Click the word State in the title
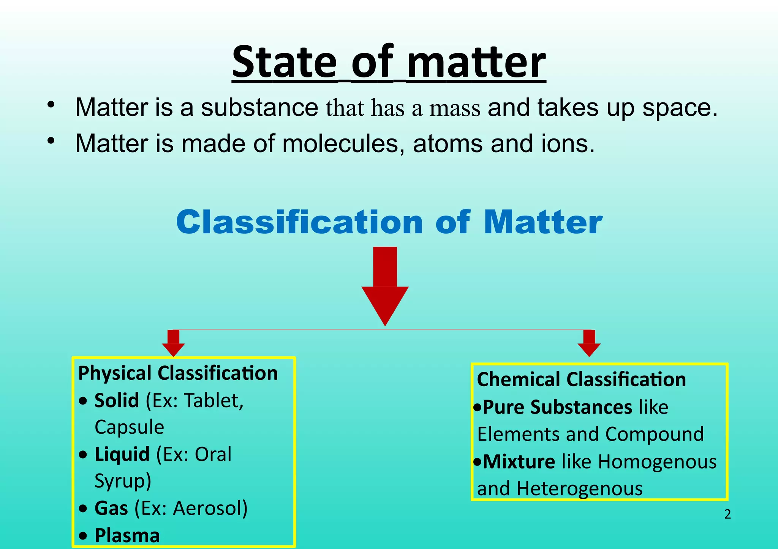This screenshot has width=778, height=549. click(284, 63)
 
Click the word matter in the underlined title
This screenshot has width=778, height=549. click(476, 63)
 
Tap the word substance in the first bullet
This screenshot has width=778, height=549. click(259, 107)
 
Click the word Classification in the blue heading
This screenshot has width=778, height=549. click(299, 222)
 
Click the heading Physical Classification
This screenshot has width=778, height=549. click(178, 373)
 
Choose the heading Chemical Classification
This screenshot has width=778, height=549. click(581, 379)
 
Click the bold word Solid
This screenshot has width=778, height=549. click(117, 401)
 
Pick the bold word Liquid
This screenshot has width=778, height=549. click(122, 455)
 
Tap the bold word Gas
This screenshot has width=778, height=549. click(111, 508)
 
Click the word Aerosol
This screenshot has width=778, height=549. click(210, 508)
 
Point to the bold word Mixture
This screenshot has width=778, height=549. click(519, 462)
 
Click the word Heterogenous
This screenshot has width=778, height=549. click(579, 489)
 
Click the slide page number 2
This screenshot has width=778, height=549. click(727, 514)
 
